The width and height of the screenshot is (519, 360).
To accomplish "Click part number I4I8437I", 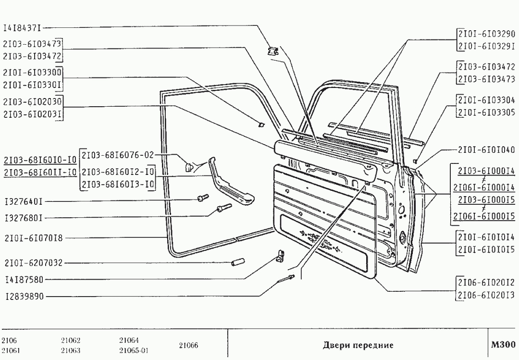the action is point(22,28).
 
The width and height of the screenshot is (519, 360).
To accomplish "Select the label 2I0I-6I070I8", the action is point(34,238).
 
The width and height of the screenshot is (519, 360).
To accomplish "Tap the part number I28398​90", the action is point(25,296).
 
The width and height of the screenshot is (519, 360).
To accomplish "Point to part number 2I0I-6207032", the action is point(34,263).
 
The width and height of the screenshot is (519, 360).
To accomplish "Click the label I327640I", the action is point(24,201).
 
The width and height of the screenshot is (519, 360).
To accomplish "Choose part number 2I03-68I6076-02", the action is point(118,155).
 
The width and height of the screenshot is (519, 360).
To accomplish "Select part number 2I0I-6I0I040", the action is point(486,149).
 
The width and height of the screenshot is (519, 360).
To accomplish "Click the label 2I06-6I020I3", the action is point(486,295).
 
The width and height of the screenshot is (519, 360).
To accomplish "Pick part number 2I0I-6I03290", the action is point(486,34).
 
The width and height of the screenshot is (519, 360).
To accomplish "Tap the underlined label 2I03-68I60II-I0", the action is point(40,172).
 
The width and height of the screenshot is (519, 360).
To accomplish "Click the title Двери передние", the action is point(358,345).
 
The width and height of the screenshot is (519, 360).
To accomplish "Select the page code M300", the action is point(503,345).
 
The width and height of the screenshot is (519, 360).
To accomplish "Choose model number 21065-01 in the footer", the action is point(134,350).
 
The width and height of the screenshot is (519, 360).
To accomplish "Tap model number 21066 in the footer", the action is point(189,346).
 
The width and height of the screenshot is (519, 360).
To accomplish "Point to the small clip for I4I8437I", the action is point(273,51).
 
